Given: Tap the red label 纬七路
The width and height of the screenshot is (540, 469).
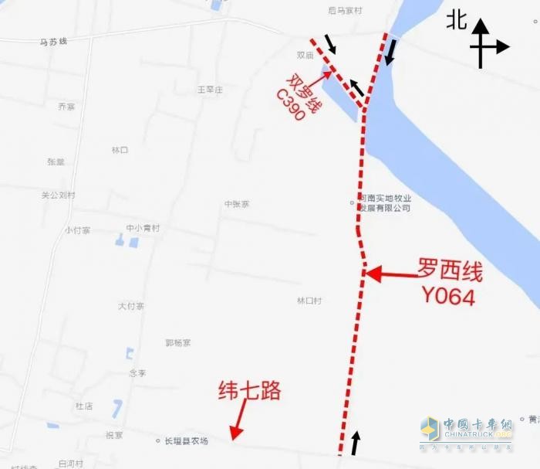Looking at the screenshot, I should pyautogui.click(x=250, y=391).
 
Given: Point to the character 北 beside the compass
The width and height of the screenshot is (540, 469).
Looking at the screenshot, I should pyautogui.click(x=457, y=20).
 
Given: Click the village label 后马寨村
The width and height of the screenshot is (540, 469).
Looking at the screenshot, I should pyautogui.click(x=344, y=11).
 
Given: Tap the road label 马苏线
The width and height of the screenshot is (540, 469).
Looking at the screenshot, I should pyautogui.click(x=53, y=41).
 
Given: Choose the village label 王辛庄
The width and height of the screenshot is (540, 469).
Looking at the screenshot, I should pyautogui.click(x=210, y=90).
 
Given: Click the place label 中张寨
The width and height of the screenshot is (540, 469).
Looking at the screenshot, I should pyautogui.click(x=237, y=204).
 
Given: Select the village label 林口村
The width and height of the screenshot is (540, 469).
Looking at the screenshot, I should pyautogui.click(x=309, y=301).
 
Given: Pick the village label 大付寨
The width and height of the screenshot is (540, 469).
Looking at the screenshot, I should pyautogui.click(x=131, y=307).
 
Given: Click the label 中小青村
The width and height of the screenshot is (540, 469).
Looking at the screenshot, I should pyautogui.click(x=143, y=228).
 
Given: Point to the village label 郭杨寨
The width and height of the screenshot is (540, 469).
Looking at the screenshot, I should pyautogui.click(x=177, y=342).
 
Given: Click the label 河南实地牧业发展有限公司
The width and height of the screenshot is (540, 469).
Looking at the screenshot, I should pyautogui.click(x=383, y=203).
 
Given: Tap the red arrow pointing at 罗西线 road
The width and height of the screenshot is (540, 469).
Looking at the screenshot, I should pyautogui.click(x=390, y=273).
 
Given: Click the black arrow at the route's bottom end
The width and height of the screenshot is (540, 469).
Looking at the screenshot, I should pyautogui.click(x=356, y=443).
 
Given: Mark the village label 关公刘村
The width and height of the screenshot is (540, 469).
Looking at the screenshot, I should pyautogui.click(x=59, y=195).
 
